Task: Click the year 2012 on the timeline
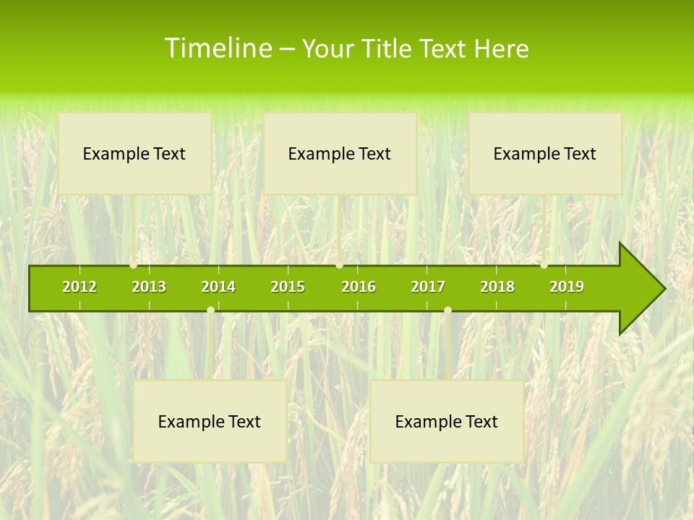click(x=80, y=287)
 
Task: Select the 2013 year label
click(x=149, y=287)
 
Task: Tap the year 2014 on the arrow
click(x=218, y=287)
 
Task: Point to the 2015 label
click(x=288, y=287)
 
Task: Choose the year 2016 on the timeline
click(x=359, y=287)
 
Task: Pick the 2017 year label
click(x=428, y=287)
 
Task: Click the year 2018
click(x=497, y=287)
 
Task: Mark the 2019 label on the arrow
click(x=567, y=287)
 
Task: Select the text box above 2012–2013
click(x=134, y=154)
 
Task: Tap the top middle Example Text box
click(x=340, y=154)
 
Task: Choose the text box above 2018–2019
click(x=545, y=154)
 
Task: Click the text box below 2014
click(x=210, y=422)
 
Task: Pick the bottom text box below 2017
click(x=447, y=422)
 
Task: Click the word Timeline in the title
click(x=218, y=48)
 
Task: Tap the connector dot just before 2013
click(x=134, y=265)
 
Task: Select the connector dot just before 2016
click(x=339, y=265)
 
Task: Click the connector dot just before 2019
click(x=544, y=265)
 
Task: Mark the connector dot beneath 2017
click(x=447, y=310)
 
